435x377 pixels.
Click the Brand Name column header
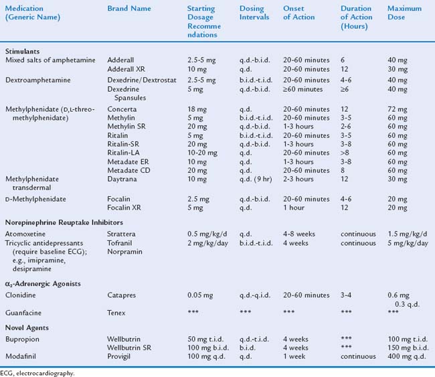click(129, 8)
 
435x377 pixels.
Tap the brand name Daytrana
click(122, 179)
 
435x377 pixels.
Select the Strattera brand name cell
click(122, 234)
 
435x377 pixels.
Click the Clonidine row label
click(21, 293)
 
